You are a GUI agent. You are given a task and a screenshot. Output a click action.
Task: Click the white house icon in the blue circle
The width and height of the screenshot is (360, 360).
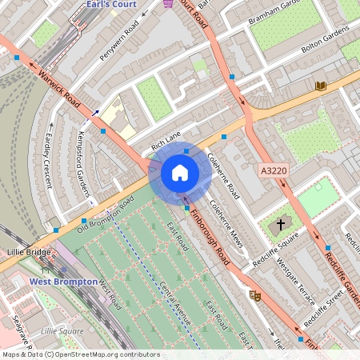click(180, 173)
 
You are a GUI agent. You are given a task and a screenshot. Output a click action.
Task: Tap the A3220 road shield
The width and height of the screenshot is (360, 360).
click(274, 170)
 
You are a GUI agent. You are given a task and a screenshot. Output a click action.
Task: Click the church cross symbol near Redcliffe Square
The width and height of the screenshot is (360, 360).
click(281, 225)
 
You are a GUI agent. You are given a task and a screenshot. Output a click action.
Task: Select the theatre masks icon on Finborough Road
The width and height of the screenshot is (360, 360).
click(256, 295)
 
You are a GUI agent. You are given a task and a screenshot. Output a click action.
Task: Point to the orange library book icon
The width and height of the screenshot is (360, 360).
click(321, 86)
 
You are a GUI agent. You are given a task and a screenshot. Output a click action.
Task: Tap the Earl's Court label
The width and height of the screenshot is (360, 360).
click(111, 5)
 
